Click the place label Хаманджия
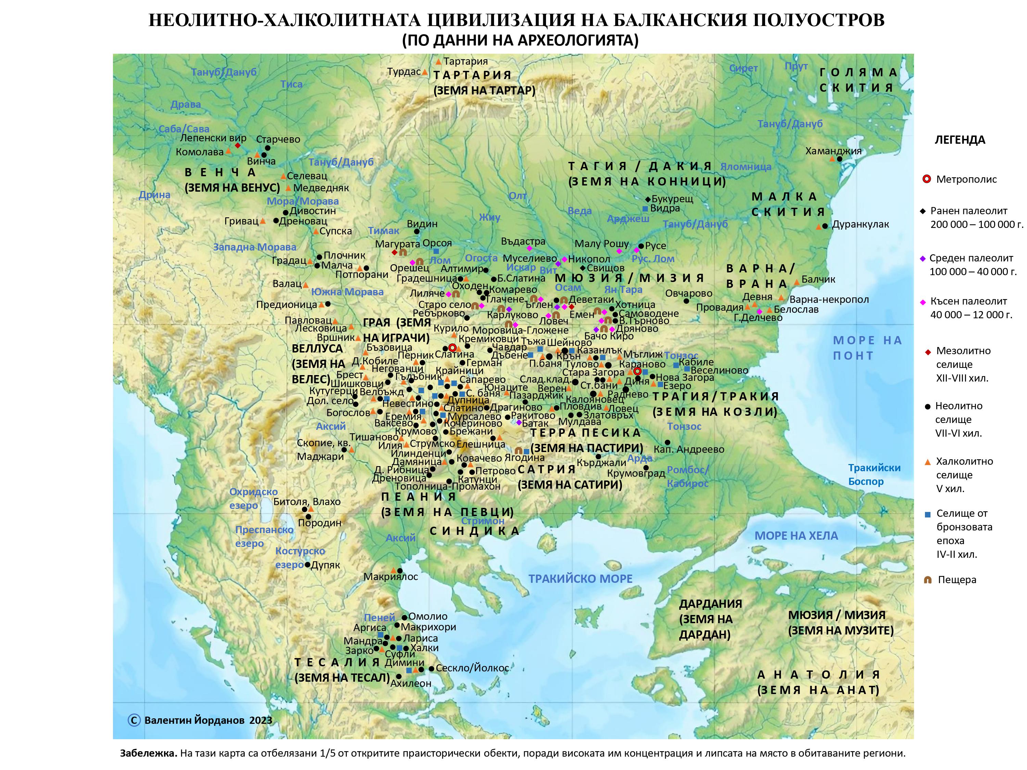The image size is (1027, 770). pos(833,151)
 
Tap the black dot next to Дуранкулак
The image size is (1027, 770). pos(825,226)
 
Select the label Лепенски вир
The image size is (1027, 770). pos(213,138)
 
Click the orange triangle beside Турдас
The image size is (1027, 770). pos(425,72)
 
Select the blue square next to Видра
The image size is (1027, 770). pos(645,208)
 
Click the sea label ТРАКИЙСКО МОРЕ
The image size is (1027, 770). pos(580,579)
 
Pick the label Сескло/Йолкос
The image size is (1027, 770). pos(472,668)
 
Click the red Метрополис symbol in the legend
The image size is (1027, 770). pos(927,179)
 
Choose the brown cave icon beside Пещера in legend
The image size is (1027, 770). pos(928,580)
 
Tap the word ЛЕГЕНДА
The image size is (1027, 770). pos(960,140)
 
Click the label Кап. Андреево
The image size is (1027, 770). pos(688,449)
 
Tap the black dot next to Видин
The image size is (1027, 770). pos(417,231)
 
